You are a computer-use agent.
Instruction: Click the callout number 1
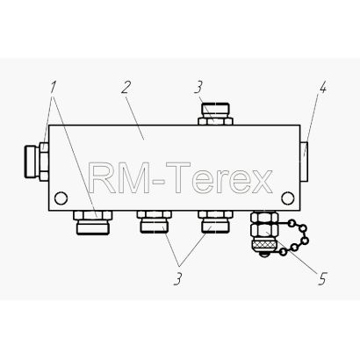pos(53,87)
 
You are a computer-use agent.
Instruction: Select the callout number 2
pos(126,87)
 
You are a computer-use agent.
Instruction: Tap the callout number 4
pos(322,87)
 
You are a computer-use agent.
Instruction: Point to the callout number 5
pos(321,278)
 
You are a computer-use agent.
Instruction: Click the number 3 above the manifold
pos(198,87)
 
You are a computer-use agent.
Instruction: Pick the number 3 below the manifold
pos(177,278)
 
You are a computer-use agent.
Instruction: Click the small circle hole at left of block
pos(61,198)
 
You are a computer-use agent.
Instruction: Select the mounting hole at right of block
pos(288,198)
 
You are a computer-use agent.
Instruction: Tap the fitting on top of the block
pos(215,114)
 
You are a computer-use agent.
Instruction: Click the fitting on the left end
pos(36,161)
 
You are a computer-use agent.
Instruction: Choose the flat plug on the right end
pos(304,162)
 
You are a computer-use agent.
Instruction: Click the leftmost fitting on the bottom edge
pos(92,222)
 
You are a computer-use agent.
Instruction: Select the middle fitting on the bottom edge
pos(154,221)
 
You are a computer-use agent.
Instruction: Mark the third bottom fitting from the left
pos(215,221)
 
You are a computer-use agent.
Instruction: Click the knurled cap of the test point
pos(264,245)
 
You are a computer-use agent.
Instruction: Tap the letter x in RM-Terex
pos(262,182)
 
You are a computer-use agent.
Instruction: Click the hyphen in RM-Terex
pos(158,182)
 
